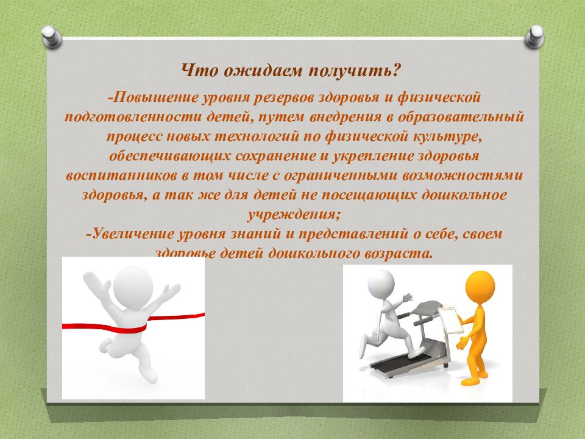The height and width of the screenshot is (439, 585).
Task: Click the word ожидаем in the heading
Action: point(262,71)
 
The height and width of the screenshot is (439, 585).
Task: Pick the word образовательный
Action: point(461,117)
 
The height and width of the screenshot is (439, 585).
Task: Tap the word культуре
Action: point(447,137)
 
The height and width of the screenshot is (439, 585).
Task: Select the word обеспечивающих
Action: point(169,156)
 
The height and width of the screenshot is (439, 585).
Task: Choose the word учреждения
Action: point(293,215)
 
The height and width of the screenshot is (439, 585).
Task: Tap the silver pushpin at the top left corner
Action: point(51,37)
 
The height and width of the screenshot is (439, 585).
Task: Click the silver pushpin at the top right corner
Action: point(534,37)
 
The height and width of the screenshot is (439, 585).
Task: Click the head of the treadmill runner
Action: point(381,282)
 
